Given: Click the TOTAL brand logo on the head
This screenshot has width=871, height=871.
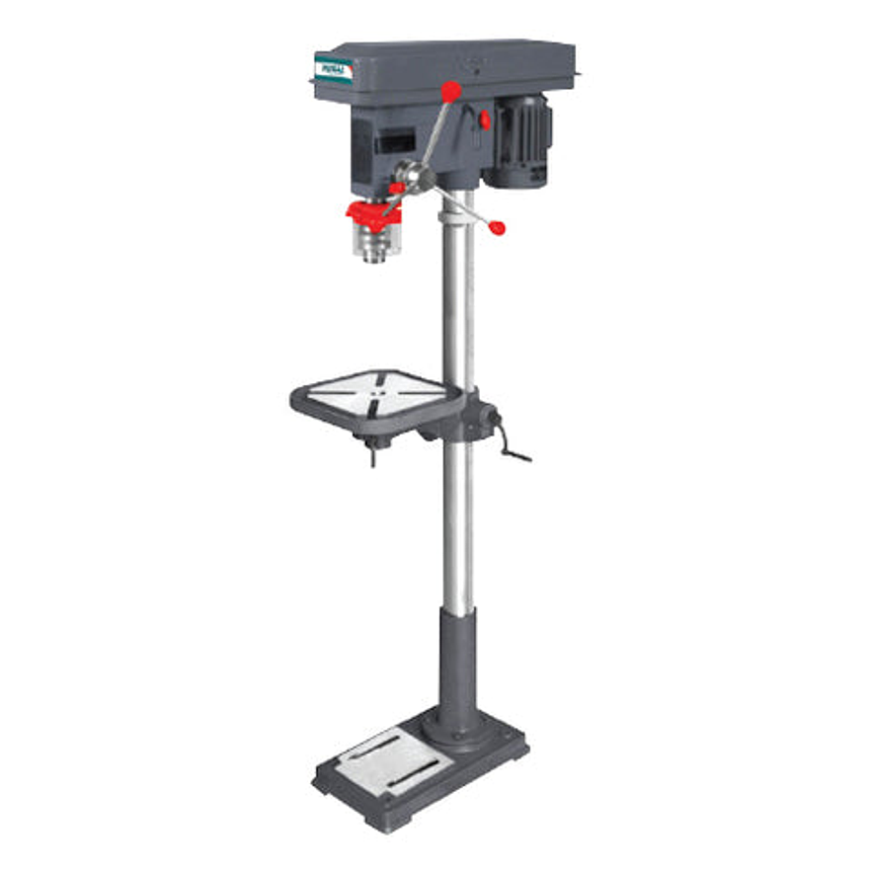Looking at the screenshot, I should tap(333, 69).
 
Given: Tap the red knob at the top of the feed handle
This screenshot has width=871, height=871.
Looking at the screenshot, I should tap(450, 92).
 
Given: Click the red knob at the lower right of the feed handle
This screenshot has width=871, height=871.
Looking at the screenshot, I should tap(497, 228).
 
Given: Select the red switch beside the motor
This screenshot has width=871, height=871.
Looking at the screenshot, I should tap(485, 119).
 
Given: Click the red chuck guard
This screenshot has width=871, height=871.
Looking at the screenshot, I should tap(372, 210).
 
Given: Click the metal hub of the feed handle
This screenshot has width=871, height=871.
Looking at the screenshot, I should tap(413, 179).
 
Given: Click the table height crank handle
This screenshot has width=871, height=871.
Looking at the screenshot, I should tap(513, 449).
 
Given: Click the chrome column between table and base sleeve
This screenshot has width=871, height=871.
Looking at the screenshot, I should tap(456, 523).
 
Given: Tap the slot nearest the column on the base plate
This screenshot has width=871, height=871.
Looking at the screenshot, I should tap(395, 751).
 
